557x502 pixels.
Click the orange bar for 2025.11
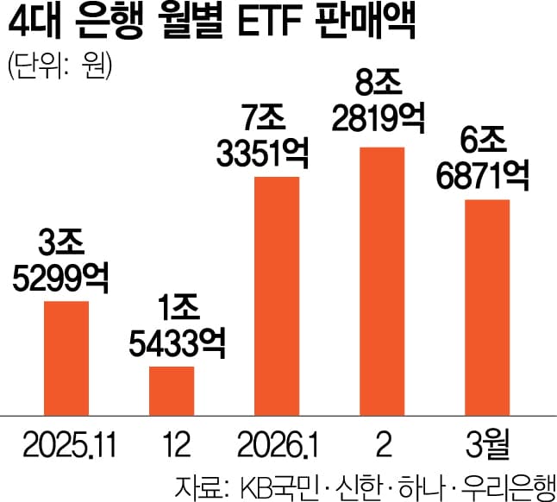pyautogui.click(x=66, y=357)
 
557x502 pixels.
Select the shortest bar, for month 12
pyautogui.click(x=172, y=390)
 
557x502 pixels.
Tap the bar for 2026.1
pyautogui.click(x=277, y=295)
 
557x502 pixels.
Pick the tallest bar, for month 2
pyautogui.click(x=382, y=280)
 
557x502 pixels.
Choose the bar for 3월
pyautogui.click(x=488, y=306)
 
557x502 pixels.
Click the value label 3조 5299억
pyautogui.click(x=66, y=260)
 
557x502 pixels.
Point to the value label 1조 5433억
pyautogui.click(x=172, y=326)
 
